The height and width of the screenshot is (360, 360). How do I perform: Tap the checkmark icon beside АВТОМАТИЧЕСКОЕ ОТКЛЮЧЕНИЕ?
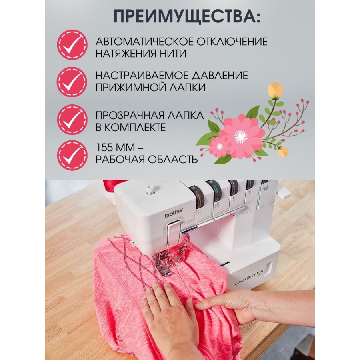point(72,44)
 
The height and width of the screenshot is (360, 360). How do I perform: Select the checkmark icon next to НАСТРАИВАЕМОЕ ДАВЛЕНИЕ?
point(72,82)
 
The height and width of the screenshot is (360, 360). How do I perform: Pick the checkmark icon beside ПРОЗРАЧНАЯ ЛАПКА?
point(72,119)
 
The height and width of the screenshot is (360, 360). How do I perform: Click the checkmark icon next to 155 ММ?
point(72,155)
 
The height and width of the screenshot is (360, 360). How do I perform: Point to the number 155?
point(105,147)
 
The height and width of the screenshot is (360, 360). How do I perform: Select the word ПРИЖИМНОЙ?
point(128,88)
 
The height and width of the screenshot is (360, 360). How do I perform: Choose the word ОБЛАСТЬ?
point(172,159)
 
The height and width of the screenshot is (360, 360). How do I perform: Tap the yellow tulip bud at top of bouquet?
point(276,90)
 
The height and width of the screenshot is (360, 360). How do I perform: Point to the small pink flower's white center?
point(220,146)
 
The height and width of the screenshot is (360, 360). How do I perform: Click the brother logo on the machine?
point(174,213)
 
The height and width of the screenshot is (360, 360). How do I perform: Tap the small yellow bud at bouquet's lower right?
point(283,152)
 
